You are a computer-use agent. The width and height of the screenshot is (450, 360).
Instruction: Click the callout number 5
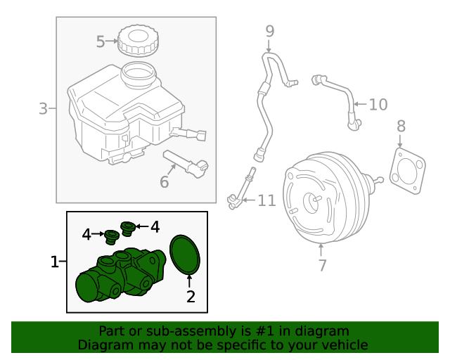pyautogui.click(x=101, y=41)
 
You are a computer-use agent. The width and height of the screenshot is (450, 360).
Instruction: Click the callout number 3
pyautogui.click(x=43, y=109)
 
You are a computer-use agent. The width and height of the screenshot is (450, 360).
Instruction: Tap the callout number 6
pyautogui.click(x=164, y=182)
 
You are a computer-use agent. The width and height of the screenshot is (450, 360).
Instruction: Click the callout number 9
pyautogui.click(x=269, y=31)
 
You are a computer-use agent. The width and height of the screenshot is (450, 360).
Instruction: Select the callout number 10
pyautogui.click(x=378, y=105)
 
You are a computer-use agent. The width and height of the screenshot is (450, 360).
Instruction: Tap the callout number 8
pyautogui.click(x=401, y=127)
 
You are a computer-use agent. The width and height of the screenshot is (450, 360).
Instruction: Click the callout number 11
pyautogui.click(x=266, y=201)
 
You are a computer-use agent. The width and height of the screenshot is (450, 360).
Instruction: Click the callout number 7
pyautogui.click(x=322, y=266)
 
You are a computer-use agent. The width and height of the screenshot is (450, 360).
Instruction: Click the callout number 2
pyautogui.click(x=190, y=296)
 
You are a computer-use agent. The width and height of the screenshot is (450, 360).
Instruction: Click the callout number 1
pyautogui.click(x=55, y=262)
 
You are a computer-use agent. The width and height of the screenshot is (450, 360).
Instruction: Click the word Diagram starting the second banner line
pyautogui.click(x=103, y=345)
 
